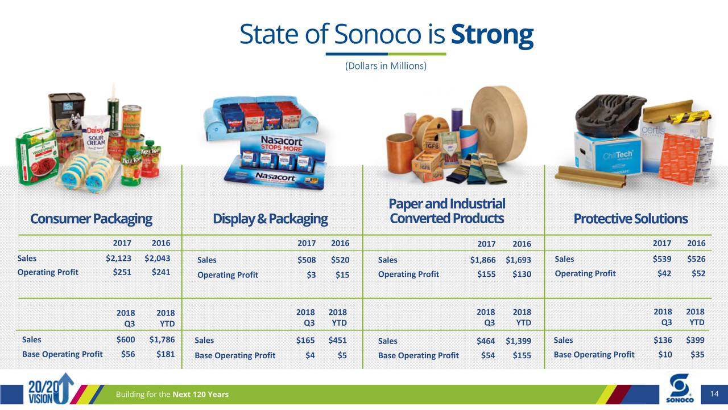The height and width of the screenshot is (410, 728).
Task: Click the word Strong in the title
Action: (x=492, y=35)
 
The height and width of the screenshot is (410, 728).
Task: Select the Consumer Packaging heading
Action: (x=91, y=219)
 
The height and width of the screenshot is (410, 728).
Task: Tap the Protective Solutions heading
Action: (x=630, y=219)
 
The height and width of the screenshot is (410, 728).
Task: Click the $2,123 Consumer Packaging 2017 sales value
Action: (x=119, y=258)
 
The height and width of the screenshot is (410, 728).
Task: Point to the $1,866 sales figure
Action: (x=482, y=260)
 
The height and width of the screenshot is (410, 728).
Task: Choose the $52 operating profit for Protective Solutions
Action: (x=698, y=273)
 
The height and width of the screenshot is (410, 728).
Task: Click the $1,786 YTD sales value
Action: (x=162, y=339)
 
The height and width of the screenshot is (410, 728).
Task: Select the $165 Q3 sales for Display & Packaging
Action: (x=305, y=341)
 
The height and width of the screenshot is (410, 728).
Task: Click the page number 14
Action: (x=715, y=394)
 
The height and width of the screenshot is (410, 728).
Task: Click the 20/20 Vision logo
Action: (x=50, y=388)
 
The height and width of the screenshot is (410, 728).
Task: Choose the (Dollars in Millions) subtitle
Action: (x=386, y=66)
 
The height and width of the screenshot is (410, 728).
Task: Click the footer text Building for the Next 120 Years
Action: (x=172, y=395)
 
